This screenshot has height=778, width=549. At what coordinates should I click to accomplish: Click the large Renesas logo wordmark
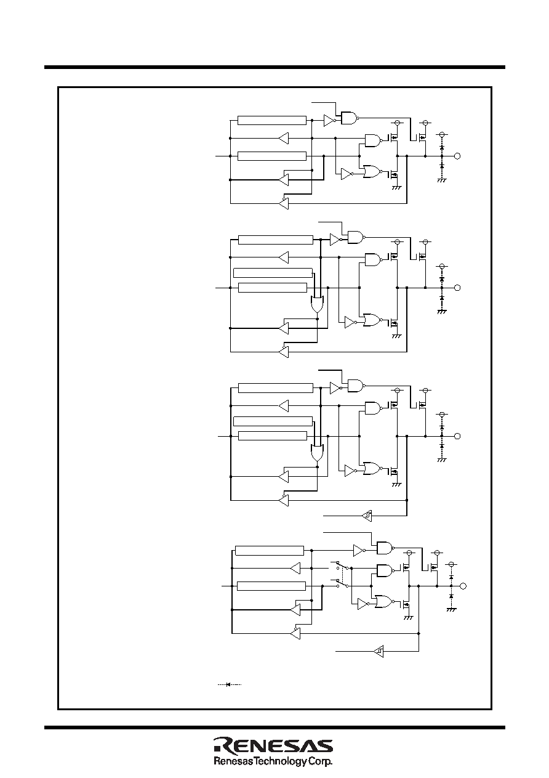[273, 745]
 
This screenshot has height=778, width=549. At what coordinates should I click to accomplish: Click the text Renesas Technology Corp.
[273, 761]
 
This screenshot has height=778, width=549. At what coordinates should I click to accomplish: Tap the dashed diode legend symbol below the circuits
[229, 684]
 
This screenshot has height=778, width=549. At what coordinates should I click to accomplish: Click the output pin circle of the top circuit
[457, 156]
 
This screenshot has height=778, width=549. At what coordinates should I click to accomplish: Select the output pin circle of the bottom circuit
[463, 586]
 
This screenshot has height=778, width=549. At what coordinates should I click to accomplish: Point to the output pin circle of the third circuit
[457, 436]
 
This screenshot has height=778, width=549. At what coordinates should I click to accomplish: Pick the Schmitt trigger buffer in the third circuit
[367, 516]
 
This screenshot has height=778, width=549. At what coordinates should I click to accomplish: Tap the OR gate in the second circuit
[317, 304]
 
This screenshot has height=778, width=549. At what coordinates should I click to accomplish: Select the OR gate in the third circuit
[317, 453]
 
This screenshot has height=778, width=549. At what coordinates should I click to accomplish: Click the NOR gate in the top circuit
[372, 172]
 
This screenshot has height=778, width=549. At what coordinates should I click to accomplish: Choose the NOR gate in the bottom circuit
[385, 602]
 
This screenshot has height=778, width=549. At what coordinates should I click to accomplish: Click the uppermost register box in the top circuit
[272, 121]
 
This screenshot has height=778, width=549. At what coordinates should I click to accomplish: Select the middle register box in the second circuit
[273, 273]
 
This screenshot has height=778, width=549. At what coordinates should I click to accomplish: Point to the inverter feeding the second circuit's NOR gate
[350, 322]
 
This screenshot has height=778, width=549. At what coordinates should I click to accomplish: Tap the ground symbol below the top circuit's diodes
[442, 180]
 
